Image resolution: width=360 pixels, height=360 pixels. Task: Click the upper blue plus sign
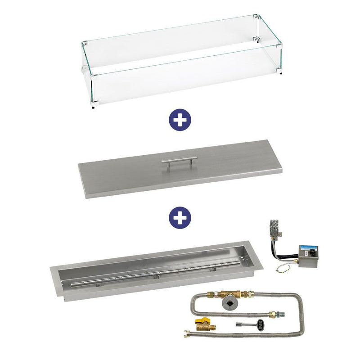(x=180, y=121)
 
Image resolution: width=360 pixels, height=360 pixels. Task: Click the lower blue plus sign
(x=180, y=217)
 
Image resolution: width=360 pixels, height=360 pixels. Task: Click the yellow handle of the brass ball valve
(x=199, y=323)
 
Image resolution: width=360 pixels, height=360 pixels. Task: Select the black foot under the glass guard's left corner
(x=93, y=107)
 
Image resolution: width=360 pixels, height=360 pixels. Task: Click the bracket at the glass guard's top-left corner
(x=85, y=45)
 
